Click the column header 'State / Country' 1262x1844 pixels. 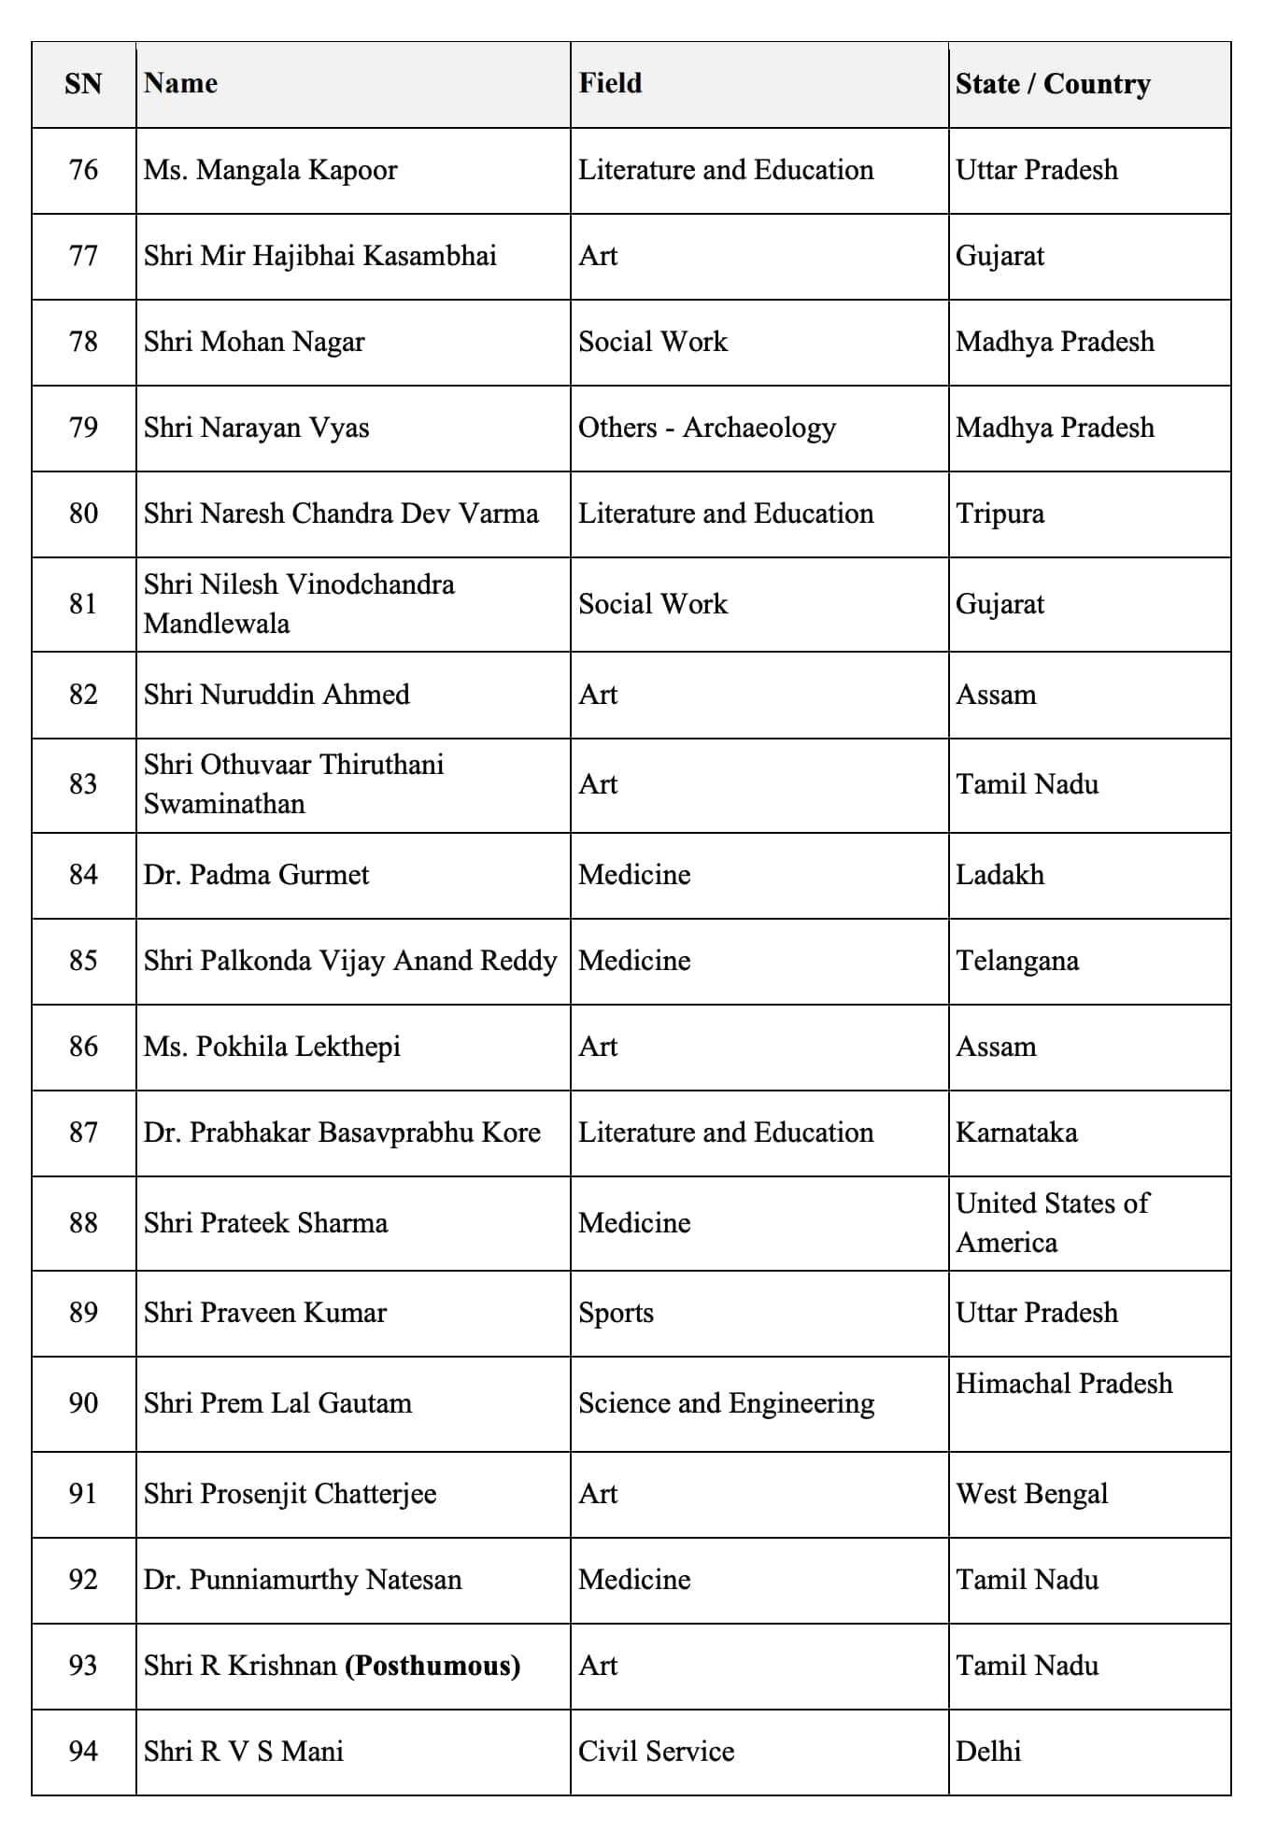click(x=1053, y=84)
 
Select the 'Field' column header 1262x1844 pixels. click(x=610, y=83)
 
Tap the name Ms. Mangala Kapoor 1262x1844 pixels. click(x=270, y=170)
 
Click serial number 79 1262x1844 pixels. click(x=83, y=428)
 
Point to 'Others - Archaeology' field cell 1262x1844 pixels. click(x=706, y=428)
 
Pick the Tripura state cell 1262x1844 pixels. click(x=1000, y=514)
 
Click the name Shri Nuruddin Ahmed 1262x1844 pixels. click(x=277, y=695)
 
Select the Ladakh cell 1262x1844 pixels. click(x=1000, y=875)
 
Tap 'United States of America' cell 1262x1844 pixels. click(x=1052, y=1222)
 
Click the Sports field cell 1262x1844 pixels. click(x=616, y=1313)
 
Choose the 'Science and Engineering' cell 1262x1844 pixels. click(x=726, y=1403)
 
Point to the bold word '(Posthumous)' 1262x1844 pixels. click(x=432, y=1666)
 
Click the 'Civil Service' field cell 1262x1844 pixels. click(x=656, y=1752)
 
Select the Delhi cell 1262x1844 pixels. click(x=988, y=1752)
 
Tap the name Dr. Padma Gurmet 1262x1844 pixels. click(x=256, y=875)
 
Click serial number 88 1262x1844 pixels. click(x=83, y=1223)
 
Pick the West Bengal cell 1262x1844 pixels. click(x=1031, y=1494)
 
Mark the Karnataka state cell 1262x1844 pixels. click(x=1016, y=1133)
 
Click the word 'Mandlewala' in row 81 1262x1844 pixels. click(x=217, y=624)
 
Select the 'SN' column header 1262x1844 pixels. click(x=83, y=84)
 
